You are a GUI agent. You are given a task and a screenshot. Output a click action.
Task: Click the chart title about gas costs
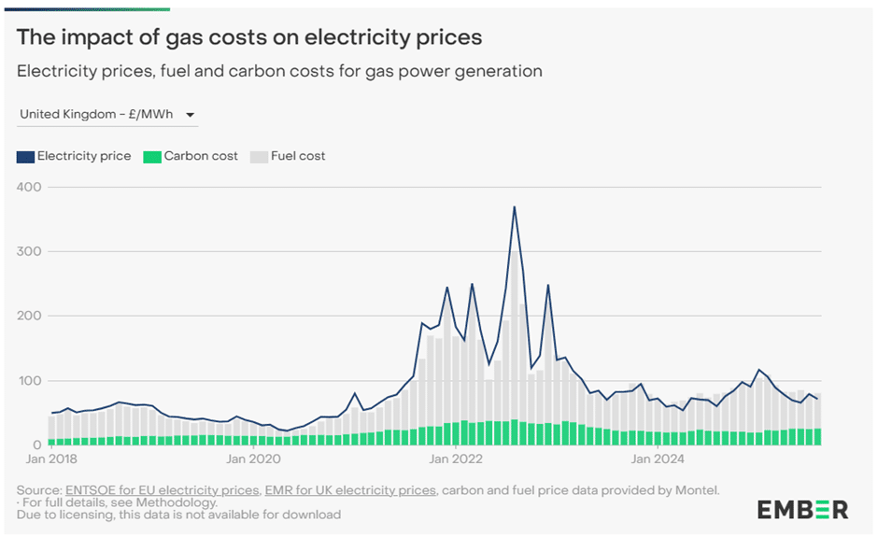tap(249, 37)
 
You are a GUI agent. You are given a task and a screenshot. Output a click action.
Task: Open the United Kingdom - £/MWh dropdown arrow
tap(191, 115)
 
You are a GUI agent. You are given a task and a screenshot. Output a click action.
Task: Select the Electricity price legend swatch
tap(25, 156)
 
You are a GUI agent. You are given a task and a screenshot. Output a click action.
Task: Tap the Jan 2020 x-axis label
tap(252, 459)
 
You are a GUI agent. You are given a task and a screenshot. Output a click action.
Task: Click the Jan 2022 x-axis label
tap(455, 459)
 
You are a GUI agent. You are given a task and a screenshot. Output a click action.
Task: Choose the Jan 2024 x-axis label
tap(657, 459)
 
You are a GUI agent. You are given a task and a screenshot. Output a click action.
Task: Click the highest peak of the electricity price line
tap(515, 207)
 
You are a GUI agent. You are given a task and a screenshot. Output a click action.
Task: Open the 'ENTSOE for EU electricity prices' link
tap(162, 490)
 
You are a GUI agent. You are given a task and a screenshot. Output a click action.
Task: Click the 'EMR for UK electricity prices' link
tap(350, 490)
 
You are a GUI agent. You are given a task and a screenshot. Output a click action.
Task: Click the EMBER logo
tap(802, 510)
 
